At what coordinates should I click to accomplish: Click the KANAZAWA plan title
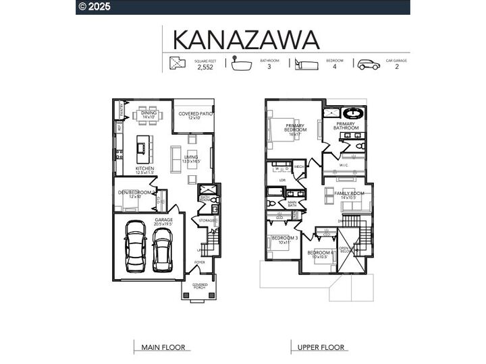point(246,39)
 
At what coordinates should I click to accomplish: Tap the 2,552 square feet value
point(205,67)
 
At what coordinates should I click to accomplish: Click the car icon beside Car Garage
point(369,65)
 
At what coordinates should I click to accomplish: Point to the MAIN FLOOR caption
point(162,348)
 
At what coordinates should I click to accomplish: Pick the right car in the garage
point(163,248)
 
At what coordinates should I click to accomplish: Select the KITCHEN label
point(145,169)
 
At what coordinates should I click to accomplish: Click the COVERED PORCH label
point(200,286)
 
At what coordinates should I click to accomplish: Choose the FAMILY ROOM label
point(349,194)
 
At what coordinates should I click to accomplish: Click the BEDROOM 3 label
point(284,239)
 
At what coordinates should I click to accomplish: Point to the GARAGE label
point(164,220)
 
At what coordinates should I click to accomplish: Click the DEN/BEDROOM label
point(135,193)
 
